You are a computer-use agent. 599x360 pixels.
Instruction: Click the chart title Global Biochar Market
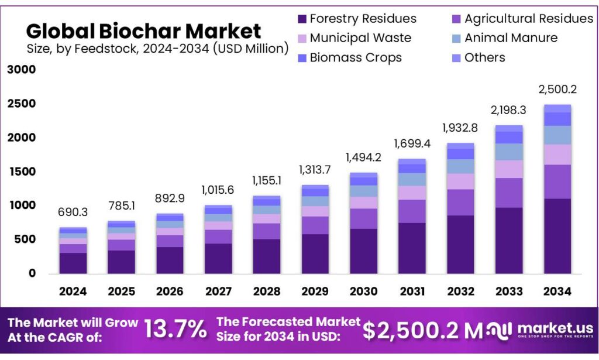[143, 30]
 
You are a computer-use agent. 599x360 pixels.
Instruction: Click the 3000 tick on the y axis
[22, 70]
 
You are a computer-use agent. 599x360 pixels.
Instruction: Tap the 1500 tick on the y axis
[22, 172]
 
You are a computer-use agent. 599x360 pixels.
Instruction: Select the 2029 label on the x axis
[315, 291]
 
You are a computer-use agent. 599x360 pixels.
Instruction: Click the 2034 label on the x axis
[557, 291]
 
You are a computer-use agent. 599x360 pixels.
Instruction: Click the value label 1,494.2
[364, 157]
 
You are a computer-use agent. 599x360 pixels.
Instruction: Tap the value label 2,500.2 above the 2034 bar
[557, 90]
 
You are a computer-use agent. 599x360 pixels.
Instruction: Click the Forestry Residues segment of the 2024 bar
[73, 263]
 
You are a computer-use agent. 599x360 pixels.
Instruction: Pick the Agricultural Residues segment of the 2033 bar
[509, 193]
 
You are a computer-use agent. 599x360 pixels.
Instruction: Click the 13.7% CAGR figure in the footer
[175, 330]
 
